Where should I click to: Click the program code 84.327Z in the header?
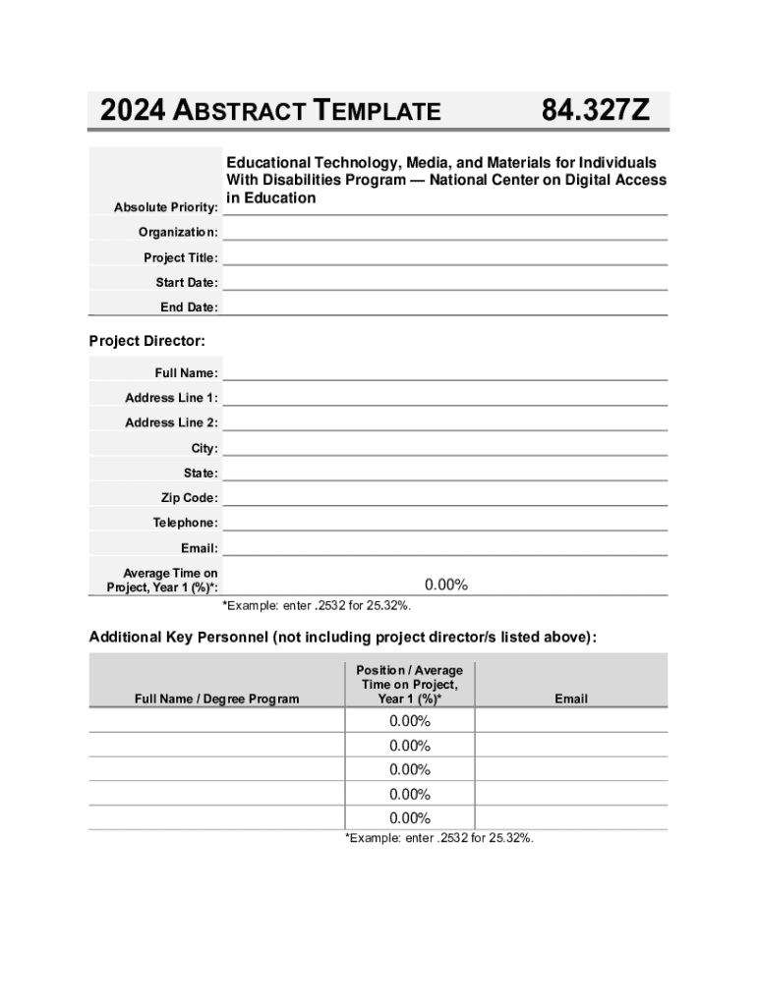[595, 111]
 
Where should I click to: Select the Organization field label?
[178, 233]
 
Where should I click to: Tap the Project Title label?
[181, 258]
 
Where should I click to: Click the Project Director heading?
[147, 341]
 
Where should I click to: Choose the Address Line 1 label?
[171, 398]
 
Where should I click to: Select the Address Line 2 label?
[171, 422]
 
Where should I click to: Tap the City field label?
[204, 448]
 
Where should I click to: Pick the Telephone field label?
[185, 523]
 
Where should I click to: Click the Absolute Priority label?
[165, 207]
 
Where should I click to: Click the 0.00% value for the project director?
[445, 586]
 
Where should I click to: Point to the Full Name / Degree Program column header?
[216, 699]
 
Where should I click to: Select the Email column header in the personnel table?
[570, 699]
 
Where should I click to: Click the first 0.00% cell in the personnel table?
[410, 721]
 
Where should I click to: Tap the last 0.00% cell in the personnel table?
[410, 818]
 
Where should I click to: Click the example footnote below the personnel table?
[438, 838]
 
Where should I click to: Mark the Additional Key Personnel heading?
[342, 638]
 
